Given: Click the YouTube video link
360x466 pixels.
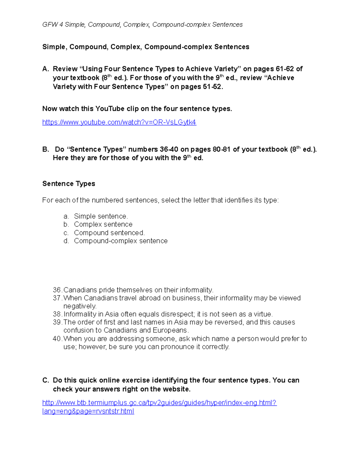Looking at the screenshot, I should (x=119, y=122).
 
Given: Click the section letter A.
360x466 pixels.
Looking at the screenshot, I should (x=45, y=69).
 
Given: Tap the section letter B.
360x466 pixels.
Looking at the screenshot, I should (x=45, y=149).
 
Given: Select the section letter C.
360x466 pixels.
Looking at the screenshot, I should (x=45, y=380).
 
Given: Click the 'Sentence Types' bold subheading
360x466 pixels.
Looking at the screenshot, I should (x=69, y=184).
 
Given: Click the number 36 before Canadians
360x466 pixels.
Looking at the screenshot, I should (x=57, y=290).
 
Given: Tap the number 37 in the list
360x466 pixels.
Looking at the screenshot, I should (x=57, y=298).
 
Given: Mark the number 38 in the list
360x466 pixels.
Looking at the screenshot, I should (x=57, y=314).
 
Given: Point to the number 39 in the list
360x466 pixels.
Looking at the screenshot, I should (x=57, y=323).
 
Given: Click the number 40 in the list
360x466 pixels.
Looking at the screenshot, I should (x=57, y=339).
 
